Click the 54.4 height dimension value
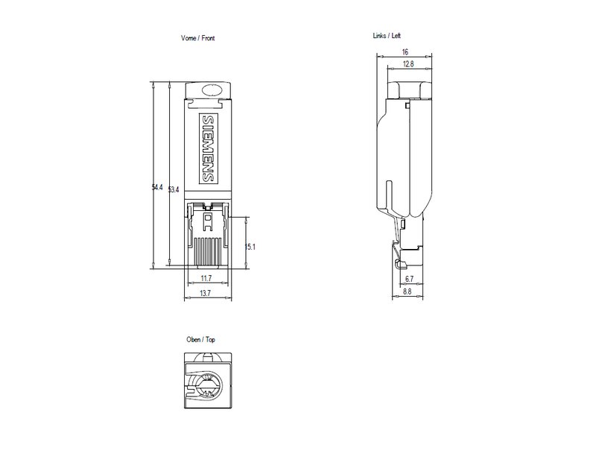click(157, 188)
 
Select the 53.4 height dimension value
click(174, 191)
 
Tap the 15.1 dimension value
click(250, 247)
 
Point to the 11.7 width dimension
click(206, 278)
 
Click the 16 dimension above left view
click(405, 52)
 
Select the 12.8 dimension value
click(408, 65)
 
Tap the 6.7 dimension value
click(408, 279)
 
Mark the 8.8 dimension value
click(407, 293)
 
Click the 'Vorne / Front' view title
click(198, 38)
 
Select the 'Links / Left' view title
click(390, 35)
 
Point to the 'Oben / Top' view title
click(200, 339)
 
